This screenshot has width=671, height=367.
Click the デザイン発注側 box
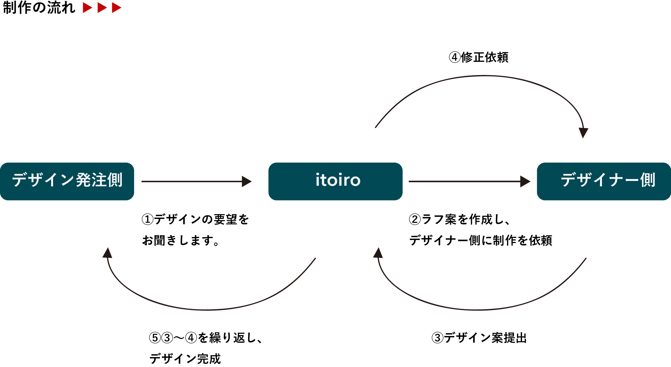click(x=67, y=181)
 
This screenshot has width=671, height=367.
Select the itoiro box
click(x=335, y=181)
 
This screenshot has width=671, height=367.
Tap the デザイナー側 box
click(x=604, y=181)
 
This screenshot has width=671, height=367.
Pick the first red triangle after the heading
click(x=87, y=8)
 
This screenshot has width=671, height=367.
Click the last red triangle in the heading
click(x=116, y=8)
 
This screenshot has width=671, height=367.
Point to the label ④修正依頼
click(x=479, y=57)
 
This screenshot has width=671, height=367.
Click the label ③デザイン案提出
click(x=479, y=338)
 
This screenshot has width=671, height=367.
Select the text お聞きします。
click(x=181, y=240)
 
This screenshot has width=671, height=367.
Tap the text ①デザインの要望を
click(x=195, y=219)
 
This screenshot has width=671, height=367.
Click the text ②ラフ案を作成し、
click(x=459, y=219)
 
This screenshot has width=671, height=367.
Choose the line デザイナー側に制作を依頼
click(x=480, y=240)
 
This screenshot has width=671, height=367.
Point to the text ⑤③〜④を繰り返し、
click(x=206, y=338)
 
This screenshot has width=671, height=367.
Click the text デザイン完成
click(x=185, y=359)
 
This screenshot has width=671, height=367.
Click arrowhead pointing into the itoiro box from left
click(x=246, y=181)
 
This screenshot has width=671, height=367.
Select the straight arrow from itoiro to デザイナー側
click(x=467, y=181)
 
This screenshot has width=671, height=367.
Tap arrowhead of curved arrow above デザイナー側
click(x=583, y=132)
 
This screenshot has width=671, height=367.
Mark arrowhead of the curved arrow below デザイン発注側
click(x=107, y=253)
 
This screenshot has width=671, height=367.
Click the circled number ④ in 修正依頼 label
click(x=454, y=57)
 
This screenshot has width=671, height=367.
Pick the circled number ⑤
click(x=155, y=338)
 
